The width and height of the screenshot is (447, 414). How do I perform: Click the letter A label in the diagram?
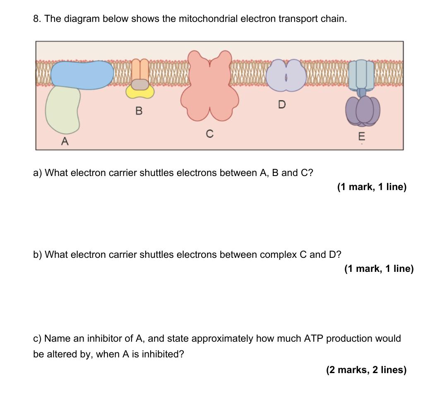[64, 141]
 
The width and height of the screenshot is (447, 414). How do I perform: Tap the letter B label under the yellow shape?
[139, 111]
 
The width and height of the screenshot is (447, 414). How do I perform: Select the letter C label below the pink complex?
[210, 134]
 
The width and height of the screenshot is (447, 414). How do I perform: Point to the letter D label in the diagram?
[282, 105]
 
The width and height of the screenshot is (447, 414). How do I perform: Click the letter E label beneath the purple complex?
[362, 136]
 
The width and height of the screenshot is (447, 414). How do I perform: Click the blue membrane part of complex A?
[82, 75]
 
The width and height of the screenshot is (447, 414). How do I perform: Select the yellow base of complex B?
[140, 92]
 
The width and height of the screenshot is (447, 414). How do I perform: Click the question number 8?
[37, 19]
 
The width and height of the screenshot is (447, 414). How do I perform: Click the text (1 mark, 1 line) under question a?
[372, 187]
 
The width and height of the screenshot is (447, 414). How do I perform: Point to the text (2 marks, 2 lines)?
[366, 370]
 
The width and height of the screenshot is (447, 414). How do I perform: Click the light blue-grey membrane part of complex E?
[361, 74]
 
